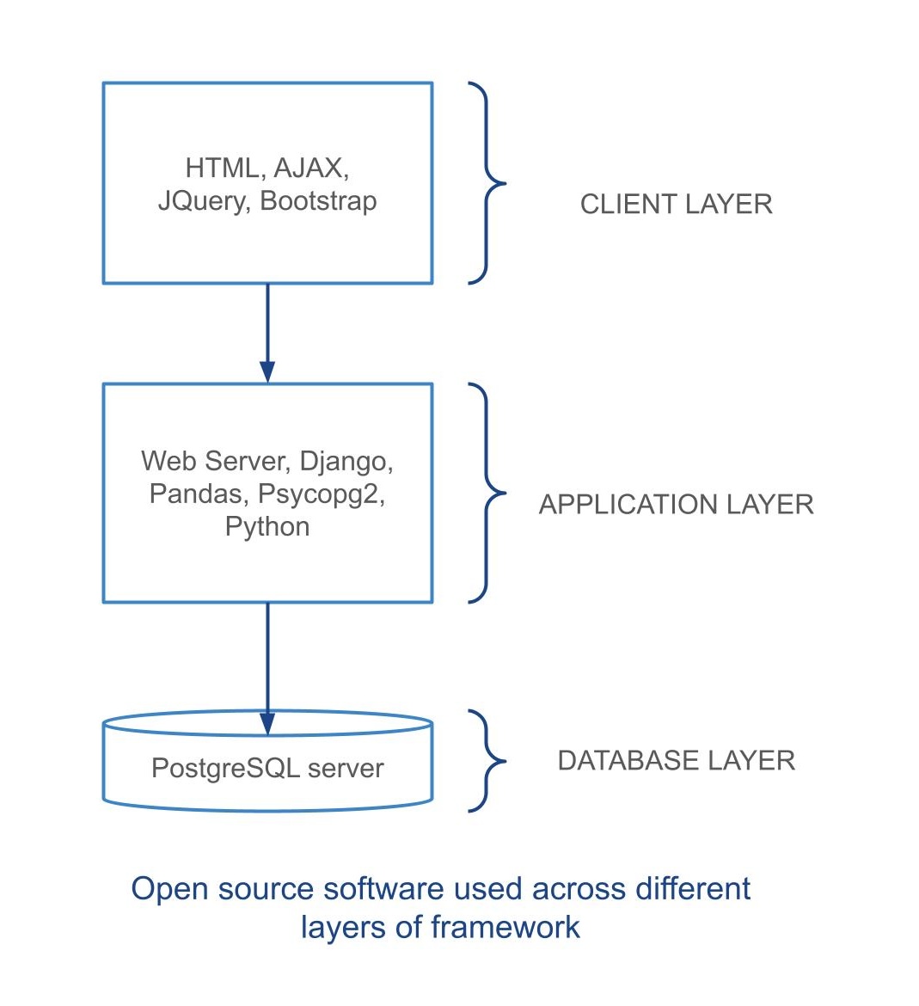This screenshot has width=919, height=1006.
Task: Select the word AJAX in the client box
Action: [x=310, y=168]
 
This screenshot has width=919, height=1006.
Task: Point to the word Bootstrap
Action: [x=318, y=201]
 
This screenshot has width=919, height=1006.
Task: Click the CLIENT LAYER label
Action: [x=676, y=205]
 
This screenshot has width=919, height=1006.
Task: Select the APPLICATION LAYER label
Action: [x=676, y=505]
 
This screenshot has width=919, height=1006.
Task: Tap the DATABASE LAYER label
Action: [x=676, y=761]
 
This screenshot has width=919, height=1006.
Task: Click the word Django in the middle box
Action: [x=345, y=462]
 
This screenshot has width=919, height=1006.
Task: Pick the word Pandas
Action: [x=195, y=494]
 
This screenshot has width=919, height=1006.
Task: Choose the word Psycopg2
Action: [x=321, y=494]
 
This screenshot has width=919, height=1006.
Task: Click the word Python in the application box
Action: [x=267, y=526]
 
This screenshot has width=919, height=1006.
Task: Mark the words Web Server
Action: [x=216, y=462]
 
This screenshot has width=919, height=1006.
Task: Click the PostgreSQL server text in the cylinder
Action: [x=267, y=768]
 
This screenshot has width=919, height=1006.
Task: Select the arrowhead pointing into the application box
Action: [x=267, y=371]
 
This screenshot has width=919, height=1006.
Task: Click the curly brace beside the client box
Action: [x=488, y=183]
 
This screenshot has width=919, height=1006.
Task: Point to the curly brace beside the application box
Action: [x=488, y=494]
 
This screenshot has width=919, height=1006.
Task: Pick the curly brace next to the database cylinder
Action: [x=488, y=761]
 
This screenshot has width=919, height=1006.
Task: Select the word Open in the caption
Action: [x=169, y=889]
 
